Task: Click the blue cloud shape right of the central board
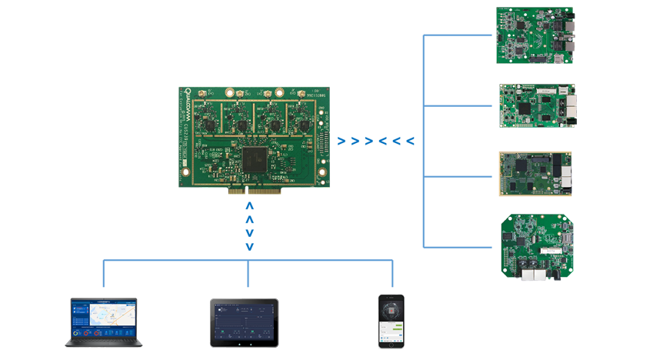pos(376,139)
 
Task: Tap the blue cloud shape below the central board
pos(248,227)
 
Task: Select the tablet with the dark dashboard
pos(244,322)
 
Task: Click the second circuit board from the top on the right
pos(536,101)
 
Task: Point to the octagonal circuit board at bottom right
pos(537,242)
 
